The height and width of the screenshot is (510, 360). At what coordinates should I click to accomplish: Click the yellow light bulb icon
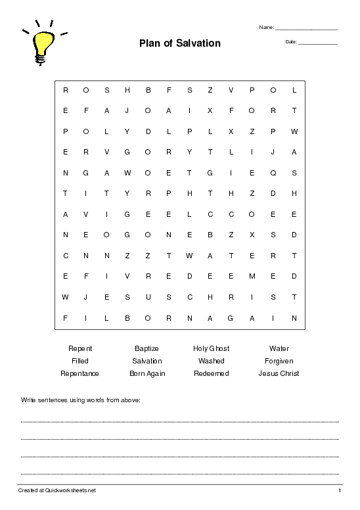tap(42, 45)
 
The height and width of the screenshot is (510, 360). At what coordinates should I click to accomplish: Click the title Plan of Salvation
tap(179, 43)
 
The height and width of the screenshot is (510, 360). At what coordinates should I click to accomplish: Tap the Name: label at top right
tap(267, 28)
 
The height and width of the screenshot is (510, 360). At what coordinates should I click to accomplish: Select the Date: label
tap(292, 42)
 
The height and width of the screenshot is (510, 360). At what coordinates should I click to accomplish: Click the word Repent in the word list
tap(80, 348)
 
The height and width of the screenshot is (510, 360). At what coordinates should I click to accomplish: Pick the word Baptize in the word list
tap(146, 348)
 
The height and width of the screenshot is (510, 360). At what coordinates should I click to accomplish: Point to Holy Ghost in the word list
tap(211, 348)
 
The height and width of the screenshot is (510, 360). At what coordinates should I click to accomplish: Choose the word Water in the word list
tap(279, 348)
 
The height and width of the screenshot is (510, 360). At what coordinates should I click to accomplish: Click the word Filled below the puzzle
tap(80, 361)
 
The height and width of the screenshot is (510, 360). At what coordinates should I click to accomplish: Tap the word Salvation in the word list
tap(146, 361)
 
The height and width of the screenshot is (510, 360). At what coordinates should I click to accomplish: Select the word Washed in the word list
tap(211, 361)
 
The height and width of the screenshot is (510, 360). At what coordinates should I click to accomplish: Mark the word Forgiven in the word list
tap(279, 361)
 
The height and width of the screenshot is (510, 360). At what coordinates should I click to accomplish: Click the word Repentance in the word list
tap(80, 373)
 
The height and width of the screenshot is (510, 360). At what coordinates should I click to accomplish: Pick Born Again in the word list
tap(147, 373)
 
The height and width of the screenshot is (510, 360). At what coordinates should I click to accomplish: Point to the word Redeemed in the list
tap(211, 373)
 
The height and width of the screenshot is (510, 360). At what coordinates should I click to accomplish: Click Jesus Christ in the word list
tap(279, 373)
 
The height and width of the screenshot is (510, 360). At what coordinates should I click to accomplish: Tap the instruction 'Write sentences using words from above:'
tap(81, 399)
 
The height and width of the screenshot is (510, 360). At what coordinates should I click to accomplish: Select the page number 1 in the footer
tap(340, 490)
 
